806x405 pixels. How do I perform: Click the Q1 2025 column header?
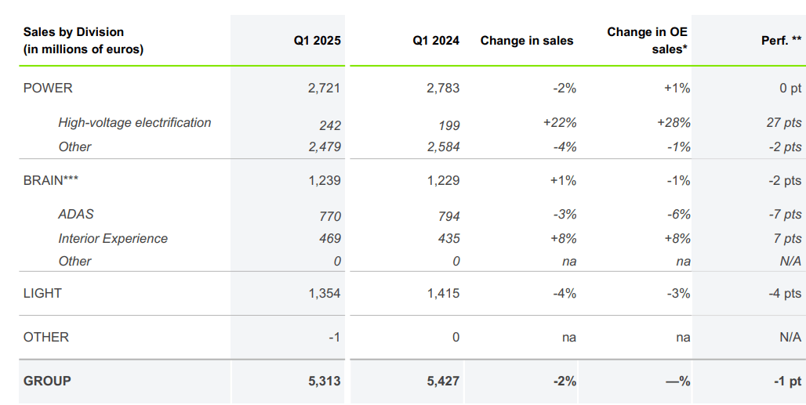[x=317, y=41]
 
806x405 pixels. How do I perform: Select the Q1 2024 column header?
[x=436, y=41]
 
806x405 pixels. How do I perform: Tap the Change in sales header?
[x=526, y=41]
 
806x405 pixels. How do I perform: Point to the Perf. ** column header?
[x=781, y=41]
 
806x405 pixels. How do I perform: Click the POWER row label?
[x=48, y=88]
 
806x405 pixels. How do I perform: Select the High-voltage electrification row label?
[x=134, y=123]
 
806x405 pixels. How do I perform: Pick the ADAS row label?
[x=76, y=215]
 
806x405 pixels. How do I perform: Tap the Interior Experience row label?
[x=112, y=238]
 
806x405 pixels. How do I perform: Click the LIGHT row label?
[x=42, y=293]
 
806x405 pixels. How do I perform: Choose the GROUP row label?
[x=47, y=381]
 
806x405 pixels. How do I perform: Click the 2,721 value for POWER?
[x=324, y=88]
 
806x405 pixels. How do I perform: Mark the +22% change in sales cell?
[x=559, y=123]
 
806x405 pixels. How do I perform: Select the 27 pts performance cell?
[x=782, y=123]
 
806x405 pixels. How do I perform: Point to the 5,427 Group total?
[x=443, y=381]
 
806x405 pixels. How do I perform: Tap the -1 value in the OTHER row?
[x=333, y=337]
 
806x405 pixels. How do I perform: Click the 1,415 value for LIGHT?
[x=443, y=293]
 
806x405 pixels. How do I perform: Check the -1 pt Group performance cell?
[x=786, y=381]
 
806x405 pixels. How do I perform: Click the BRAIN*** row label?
[x=51, y=180]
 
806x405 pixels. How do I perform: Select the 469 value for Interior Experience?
[x=329, y=238]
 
